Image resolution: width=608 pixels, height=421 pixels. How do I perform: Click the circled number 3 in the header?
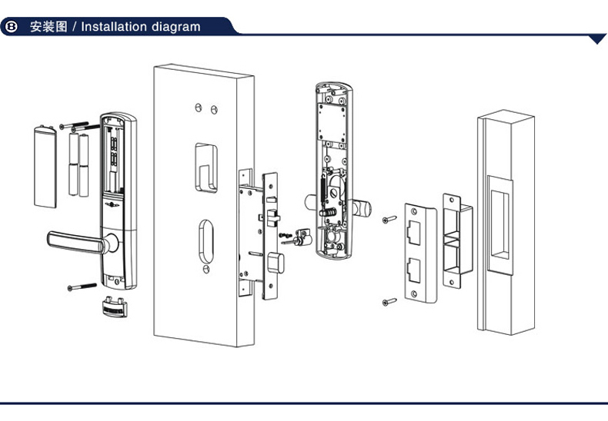tap(12, 27)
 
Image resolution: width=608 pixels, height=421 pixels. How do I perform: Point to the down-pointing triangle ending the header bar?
tap(597, 39)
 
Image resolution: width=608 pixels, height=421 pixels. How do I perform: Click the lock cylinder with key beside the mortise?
tap(299, 239)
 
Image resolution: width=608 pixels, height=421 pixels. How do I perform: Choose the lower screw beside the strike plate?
tap(388, 302)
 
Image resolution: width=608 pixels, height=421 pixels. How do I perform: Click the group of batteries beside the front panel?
tap(79, 164)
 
